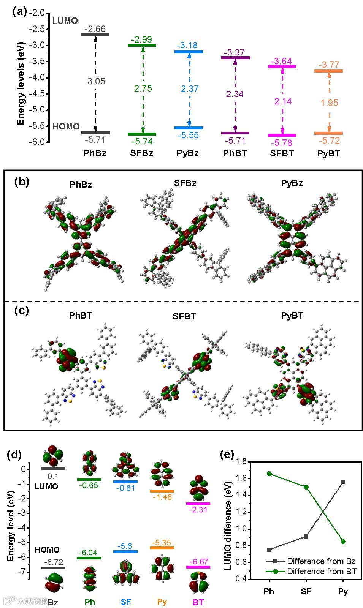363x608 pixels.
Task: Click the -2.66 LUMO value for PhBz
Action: click(95, 29)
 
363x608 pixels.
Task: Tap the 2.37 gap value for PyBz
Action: click(189, 88)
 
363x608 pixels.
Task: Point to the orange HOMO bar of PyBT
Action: click(329, 133)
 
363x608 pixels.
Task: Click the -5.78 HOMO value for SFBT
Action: click(281, 143)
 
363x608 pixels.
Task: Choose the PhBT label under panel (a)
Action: click(235, 153)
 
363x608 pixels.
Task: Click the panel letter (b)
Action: click(22, 182)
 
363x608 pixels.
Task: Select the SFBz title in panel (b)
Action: click(185, 183)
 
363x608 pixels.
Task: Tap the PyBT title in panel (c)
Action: click(292, 316)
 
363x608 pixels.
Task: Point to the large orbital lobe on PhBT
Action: click(68, 359)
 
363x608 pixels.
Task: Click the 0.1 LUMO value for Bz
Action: click(53, 476)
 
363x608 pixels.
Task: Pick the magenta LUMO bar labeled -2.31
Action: click(198, 504)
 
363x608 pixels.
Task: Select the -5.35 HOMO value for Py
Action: click(162, 543)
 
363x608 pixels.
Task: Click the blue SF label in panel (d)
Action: click(126, 602)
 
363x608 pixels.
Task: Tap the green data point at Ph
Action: click(269, 474)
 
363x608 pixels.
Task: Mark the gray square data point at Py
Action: click(343, 482)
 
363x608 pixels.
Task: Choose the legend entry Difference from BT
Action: click(321, 571)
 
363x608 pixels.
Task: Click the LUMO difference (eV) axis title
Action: click(228, 520)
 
